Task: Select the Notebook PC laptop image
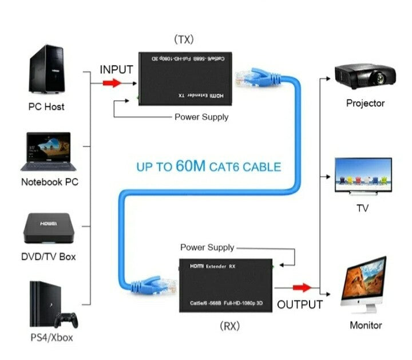46,152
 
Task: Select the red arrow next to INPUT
112,84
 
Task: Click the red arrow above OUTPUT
301,287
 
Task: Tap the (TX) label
184,39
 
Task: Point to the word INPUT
116,70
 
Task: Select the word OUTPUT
300,304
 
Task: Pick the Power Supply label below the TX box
201,117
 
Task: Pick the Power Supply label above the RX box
207,247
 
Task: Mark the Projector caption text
365,104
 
